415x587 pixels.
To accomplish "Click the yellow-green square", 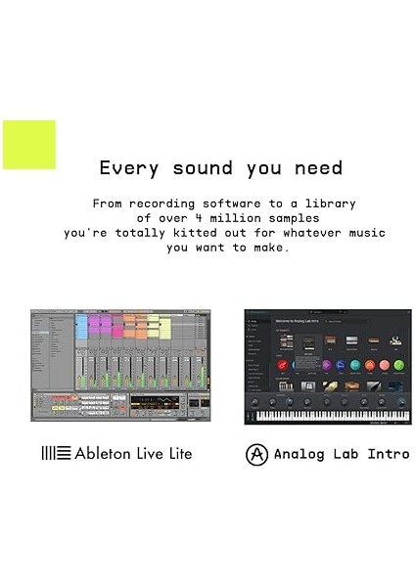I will [29, 145].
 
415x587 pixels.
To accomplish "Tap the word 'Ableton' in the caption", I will [106, 453].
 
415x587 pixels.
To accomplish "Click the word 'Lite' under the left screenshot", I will [177, 453].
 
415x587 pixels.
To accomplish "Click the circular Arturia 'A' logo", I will [257, 454].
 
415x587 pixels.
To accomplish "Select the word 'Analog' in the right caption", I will [300, 454].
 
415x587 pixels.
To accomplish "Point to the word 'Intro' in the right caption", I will [388, 454].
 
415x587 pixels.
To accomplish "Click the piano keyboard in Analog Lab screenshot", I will [327, 416].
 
